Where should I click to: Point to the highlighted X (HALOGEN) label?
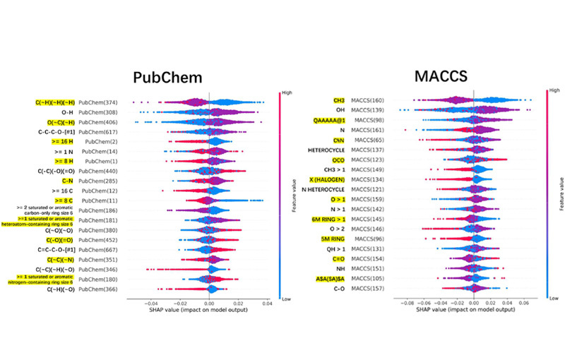click(x=330, y=180)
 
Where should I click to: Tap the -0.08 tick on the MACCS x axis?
click(x=408, y=301)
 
